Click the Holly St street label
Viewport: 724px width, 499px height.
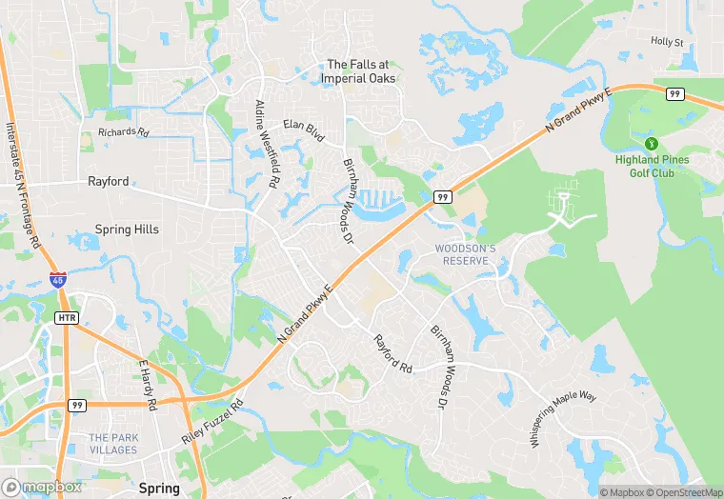(x=667, y=42)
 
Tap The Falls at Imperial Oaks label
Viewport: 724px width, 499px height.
(x=360, y=71)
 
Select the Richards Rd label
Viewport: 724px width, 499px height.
(x=124, y=133)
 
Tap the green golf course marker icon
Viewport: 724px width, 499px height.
(x=652, y=143)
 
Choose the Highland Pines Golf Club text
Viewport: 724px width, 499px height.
(x=652, y=166)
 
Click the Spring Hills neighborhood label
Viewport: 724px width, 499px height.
(x=127, y=230)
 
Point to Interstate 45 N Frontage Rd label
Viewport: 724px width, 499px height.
(x=24, y=185)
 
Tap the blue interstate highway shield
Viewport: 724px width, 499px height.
(x=58, y=280)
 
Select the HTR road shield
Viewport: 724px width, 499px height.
(x=67, y=317)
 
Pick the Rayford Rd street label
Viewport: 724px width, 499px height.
(x=392, y=353)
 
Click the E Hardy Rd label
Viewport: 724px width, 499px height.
(x=147, y=385)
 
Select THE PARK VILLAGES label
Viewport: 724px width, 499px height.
(x=112, y=444)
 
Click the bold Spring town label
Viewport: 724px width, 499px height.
(x=158, y=488)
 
